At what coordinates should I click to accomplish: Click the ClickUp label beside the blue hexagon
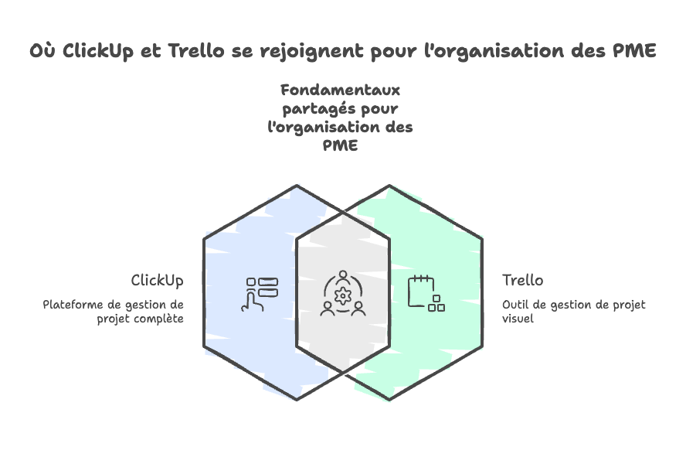[157, 280]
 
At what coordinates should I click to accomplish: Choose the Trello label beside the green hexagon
[522, 280]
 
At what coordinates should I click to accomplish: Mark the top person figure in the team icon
[342, 276]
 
